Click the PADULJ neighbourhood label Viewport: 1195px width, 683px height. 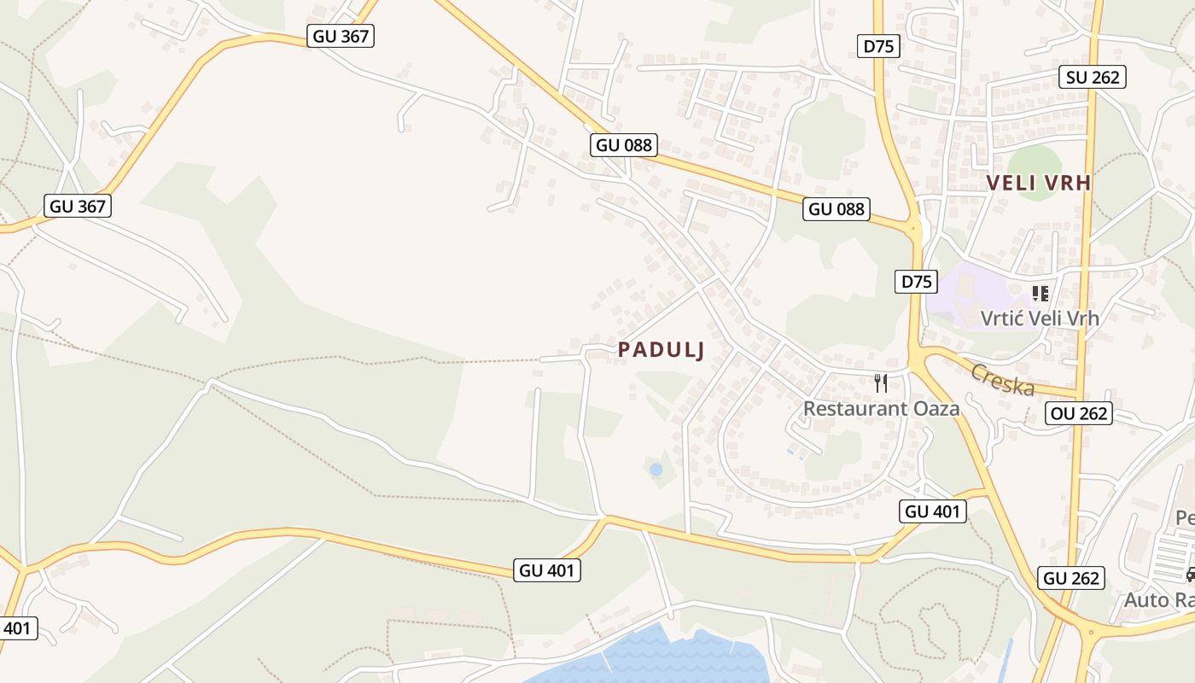pos(662,350)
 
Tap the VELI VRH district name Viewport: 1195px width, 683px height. pos(1039,183)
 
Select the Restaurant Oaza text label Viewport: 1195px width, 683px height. pos(881,408)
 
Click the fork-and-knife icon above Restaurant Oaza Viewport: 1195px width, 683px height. pos(881,383)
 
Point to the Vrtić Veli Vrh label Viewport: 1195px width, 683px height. pos(1039,318)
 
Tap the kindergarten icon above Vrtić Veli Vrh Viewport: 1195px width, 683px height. pos(1040,294)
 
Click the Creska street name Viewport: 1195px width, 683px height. pos(1003,380)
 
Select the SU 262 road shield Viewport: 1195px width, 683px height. pos(1093,77)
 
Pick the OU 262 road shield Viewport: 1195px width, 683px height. pos(1079,413)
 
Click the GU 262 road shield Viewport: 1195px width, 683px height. pos(1072,578)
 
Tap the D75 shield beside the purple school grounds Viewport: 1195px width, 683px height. pos(916,281)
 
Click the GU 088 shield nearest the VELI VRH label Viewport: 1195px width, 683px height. pos(836,208)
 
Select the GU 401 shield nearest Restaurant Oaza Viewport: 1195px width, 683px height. pos(933,511)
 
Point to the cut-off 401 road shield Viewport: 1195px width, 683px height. pos(17,628)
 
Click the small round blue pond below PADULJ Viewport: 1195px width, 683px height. pos(656,470)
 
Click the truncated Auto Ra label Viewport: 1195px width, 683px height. pos(1158,599)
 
